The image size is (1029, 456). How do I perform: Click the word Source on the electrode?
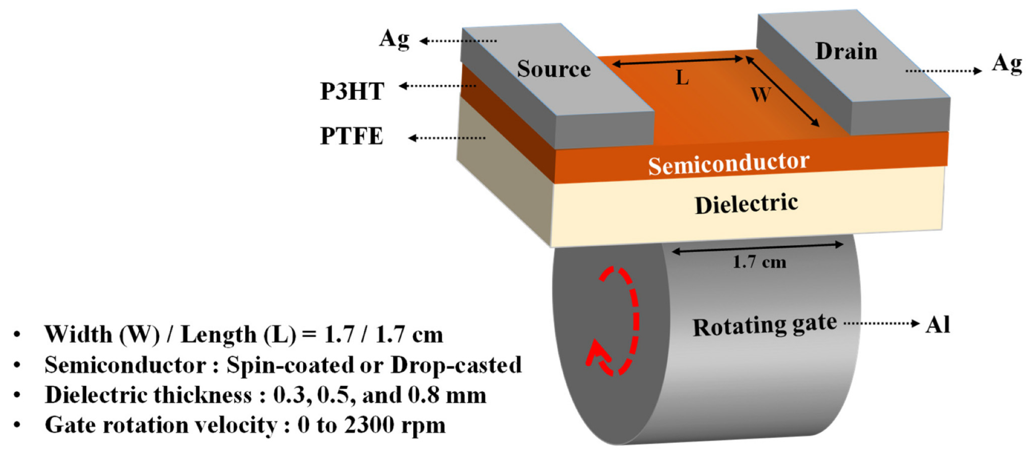click(x=554, y=69)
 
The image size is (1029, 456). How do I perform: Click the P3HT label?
click(x=352, y=91)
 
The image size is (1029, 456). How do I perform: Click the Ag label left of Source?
click(x=394, y=39)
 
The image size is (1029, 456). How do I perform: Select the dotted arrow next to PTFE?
click(x=447, y=138)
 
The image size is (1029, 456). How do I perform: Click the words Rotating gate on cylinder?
click(x=764, y=326)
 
